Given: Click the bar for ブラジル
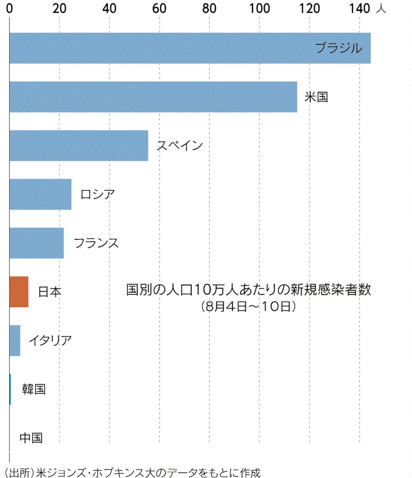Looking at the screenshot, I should click(190, 48).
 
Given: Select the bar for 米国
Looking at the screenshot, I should click(153, 97).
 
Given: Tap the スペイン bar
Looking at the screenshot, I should click(78, 146).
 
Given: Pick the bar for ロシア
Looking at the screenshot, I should click(40, 194).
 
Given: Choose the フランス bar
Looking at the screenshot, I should click(36, 243).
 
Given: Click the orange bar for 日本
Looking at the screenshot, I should click(19, 292).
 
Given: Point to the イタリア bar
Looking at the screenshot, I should click(15, 341).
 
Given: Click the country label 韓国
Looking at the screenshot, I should click(34, 389).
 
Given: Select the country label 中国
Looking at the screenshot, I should click(31, 438).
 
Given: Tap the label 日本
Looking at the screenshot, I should click(49, 292).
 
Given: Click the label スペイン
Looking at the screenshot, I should click(179, 146).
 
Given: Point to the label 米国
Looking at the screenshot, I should click(316, 97).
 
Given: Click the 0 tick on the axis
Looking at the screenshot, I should click(10, 9).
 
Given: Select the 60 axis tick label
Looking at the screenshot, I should click(159, 9).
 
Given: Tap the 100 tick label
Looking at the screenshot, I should click(259, 9).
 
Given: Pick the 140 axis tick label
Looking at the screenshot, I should click(359, 9).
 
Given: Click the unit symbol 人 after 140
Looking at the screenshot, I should click(380, 9).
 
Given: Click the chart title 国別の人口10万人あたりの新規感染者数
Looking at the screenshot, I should click(248, 290).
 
